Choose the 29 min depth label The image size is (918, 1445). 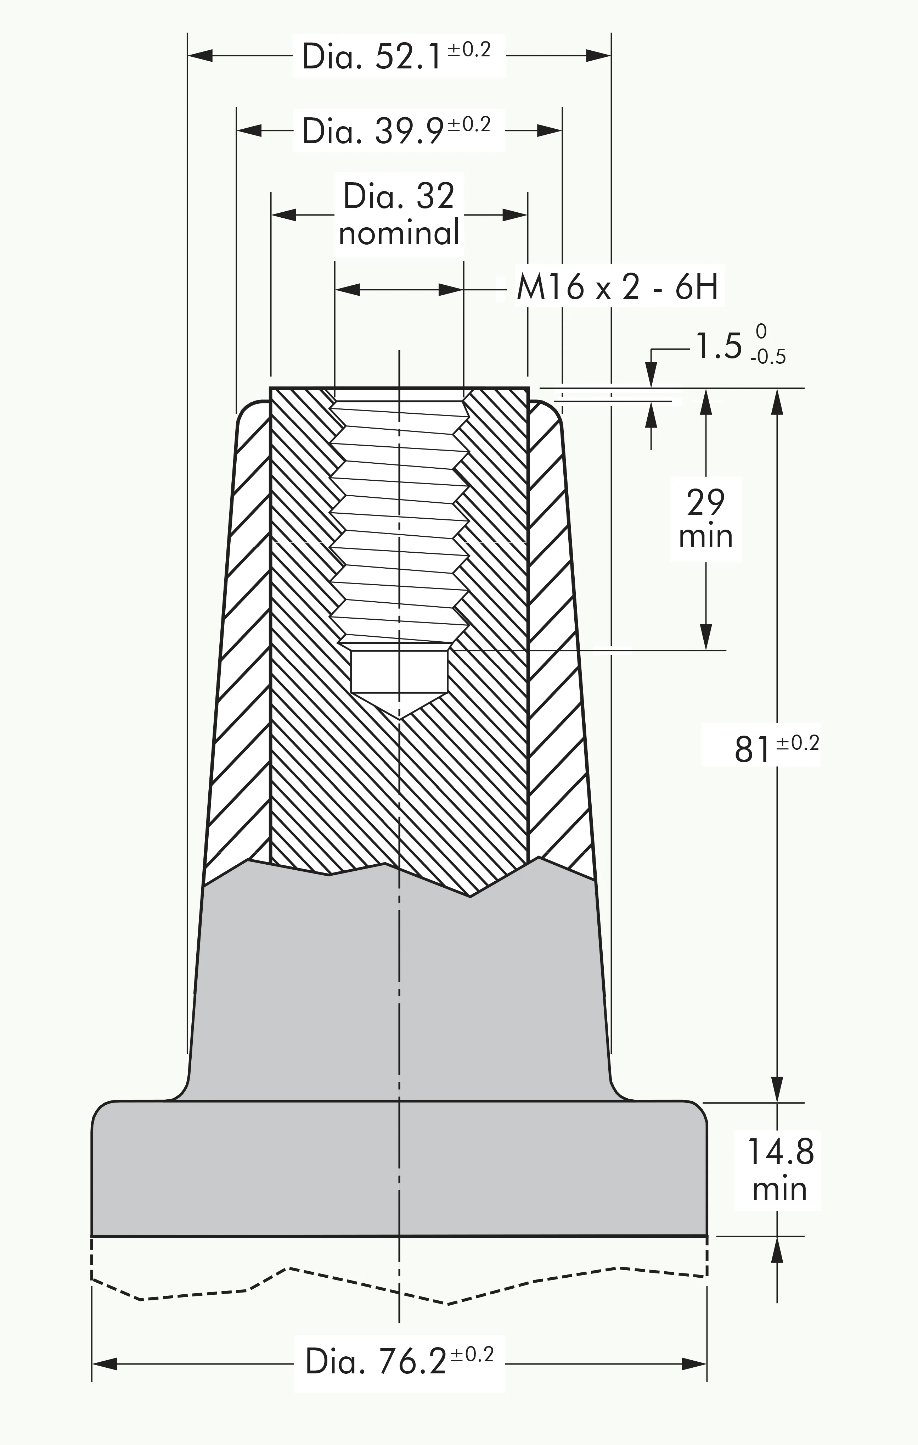706,519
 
